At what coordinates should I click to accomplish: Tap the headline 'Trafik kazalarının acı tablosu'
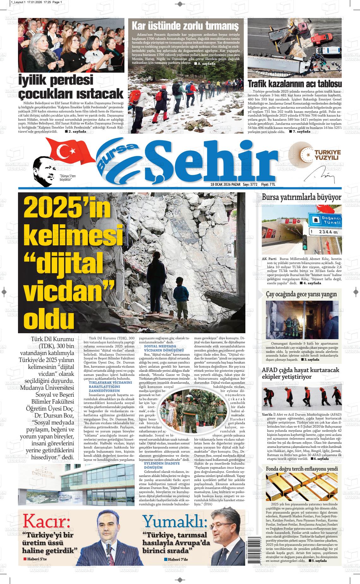[x=295, y=84]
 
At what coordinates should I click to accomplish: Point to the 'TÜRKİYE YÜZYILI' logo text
[x=326, y=155]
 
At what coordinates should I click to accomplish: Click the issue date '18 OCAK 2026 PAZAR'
[x=225, y=184]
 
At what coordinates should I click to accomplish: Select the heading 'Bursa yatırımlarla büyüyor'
[x=301, y=198]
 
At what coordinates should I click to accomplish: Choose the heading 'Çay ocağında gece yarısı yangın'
[x=301, y=294]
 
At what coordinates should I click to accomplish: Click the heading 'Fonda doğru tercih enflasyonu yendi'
[x=302, y=469]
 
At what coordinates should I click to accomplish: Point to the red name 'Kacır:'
[x=47, y=520]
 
